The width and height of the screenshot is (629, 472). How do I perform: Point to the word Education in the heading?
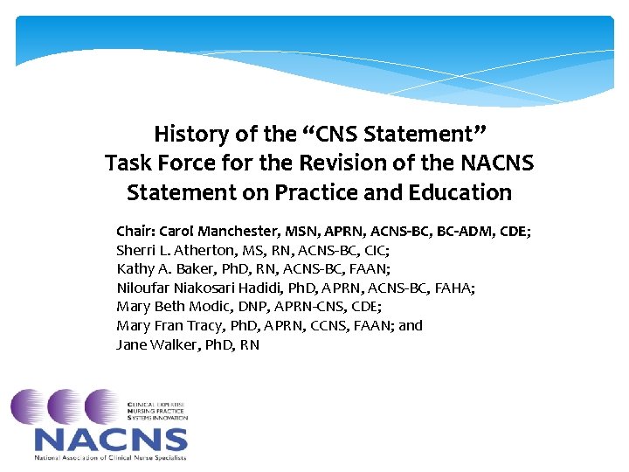point(462,192)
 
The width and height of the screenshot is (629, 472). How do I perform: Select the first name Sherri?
point(135,250)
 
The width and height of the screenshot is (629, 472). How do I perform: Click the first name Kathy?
point(134,269)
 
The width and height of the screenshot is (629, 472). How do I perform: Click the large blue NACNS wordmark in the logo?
point(111,441)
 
